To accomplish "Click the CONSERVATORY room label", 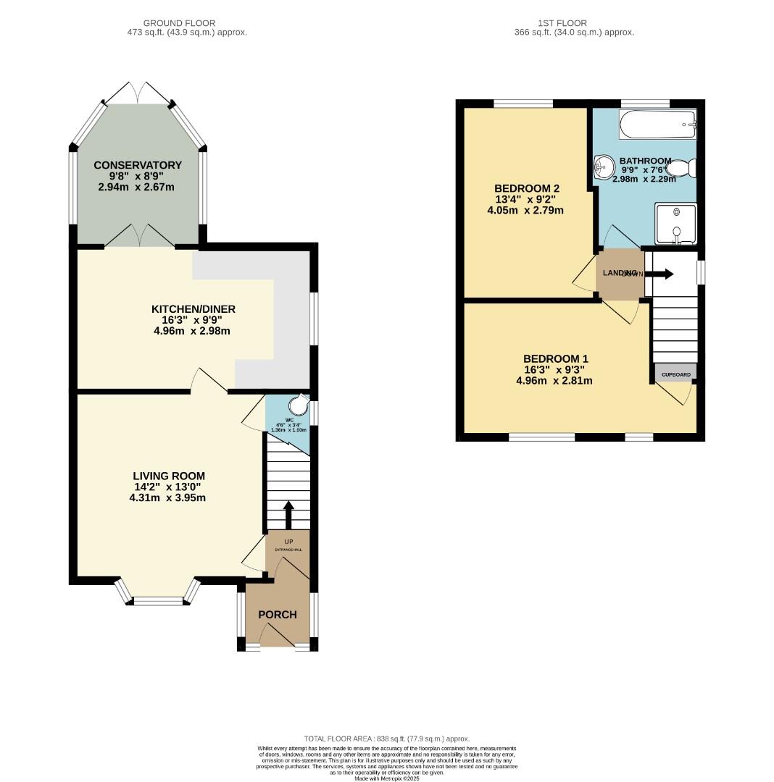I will coord(138,165).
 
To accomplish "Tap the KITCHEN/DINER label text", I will coord(194,309).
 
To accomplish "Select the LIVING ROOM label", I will coord(169,476).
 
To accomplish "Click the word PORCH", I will coord(278,615).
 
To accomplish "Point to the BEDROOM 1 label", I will coord(555,358).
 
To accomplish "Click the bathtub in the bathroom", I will coord(657,125).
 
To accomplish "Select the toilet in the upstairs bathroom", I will coord(682,169).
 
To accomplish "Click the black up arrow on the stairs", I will coord(288,515).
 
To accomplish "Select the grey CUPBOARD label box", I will coord(675,374).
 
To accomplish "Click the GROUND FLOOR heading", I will coord(179,23).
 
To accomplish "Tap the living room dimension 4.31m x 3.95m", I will coord(169,498).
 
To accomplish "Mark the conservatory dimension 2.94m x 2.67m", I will coord(138,188).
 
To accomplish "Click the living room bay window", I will coord(158,600).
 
